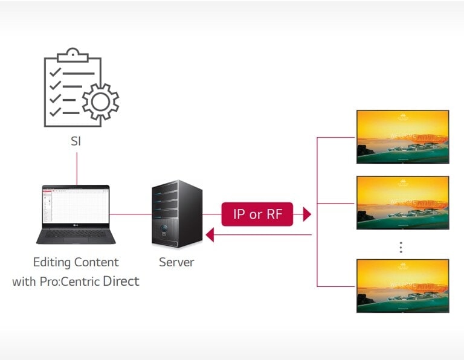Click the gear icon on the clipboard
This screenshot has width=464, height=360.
pyautogui.click(x=100, y=101)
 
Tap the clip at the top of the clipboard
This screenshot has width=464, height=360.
pyautogui.click(x=73, y=54)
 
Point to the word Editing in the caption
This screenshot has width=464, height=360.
pyautogui.click(x=52, y=262)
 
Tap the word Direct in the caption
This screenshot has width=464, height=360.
pyautogui.click(x=121, y=281)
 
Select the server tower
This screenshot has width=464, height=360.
pyautogui.click(x=176, y=214)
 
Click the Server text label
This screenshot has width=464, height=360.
pyautogui.click(x=176, y=262)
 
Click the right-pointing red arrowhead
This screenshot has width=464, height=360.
pyautogui.click(x=307, y=214)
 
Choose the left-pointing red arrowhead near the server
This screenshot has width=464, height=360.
pyautogui.click(x=210, y=234)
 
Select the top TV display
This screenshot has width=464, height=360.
pyautogui.click(x=402, y=137)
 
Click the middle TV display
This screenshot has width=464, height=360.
pyautogui.click(x=402, y=202)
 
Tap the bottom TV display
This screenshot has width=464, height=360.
pyautogui.click(x=402, y=286)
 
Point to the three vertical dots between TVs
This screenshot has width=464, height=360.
pyautogui.click(x=400, y=247)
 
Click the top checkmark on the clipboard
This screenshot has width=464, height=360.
pyautogui.click(x=56, y=72)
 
